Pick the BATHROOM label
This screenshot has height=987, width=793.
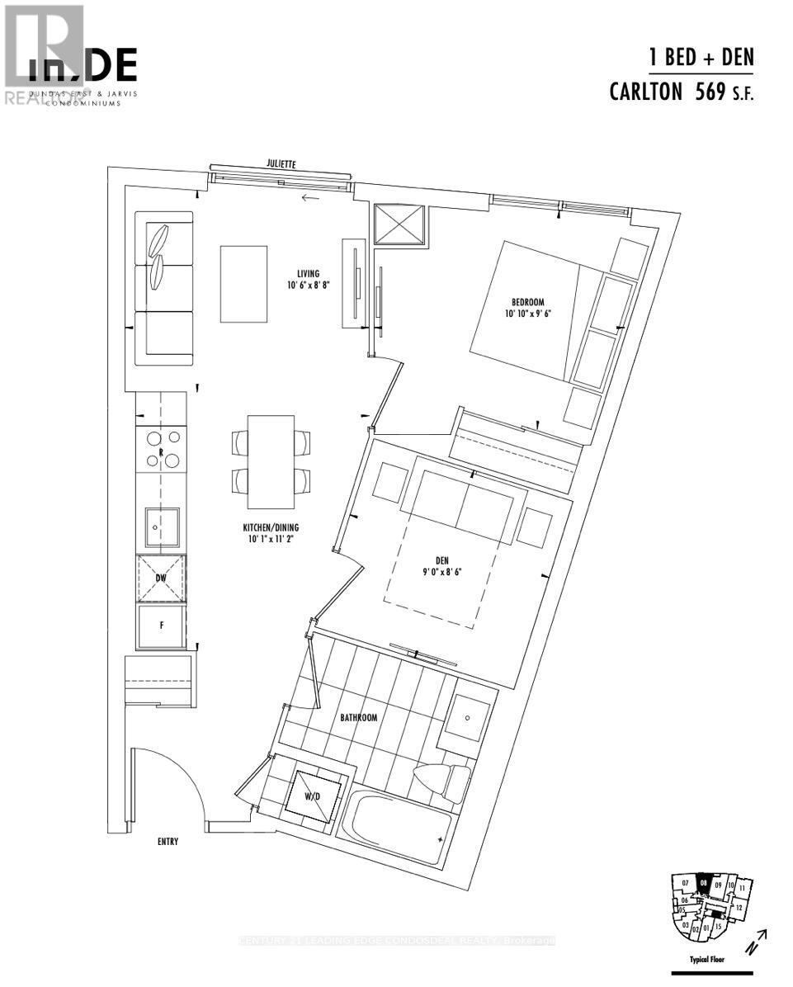tap(358, 718)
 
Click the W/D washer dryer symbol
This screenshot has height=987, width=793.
tap(312, 796)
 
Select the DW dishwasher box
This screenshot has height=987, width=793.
tap(162, 579)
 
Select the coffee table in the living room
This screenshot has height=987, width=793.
tap(243, 284)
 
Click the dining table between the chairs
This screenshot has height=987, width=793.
tap(271, 462)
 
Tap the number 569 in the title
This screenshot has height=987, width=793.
tap(710, 91)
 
